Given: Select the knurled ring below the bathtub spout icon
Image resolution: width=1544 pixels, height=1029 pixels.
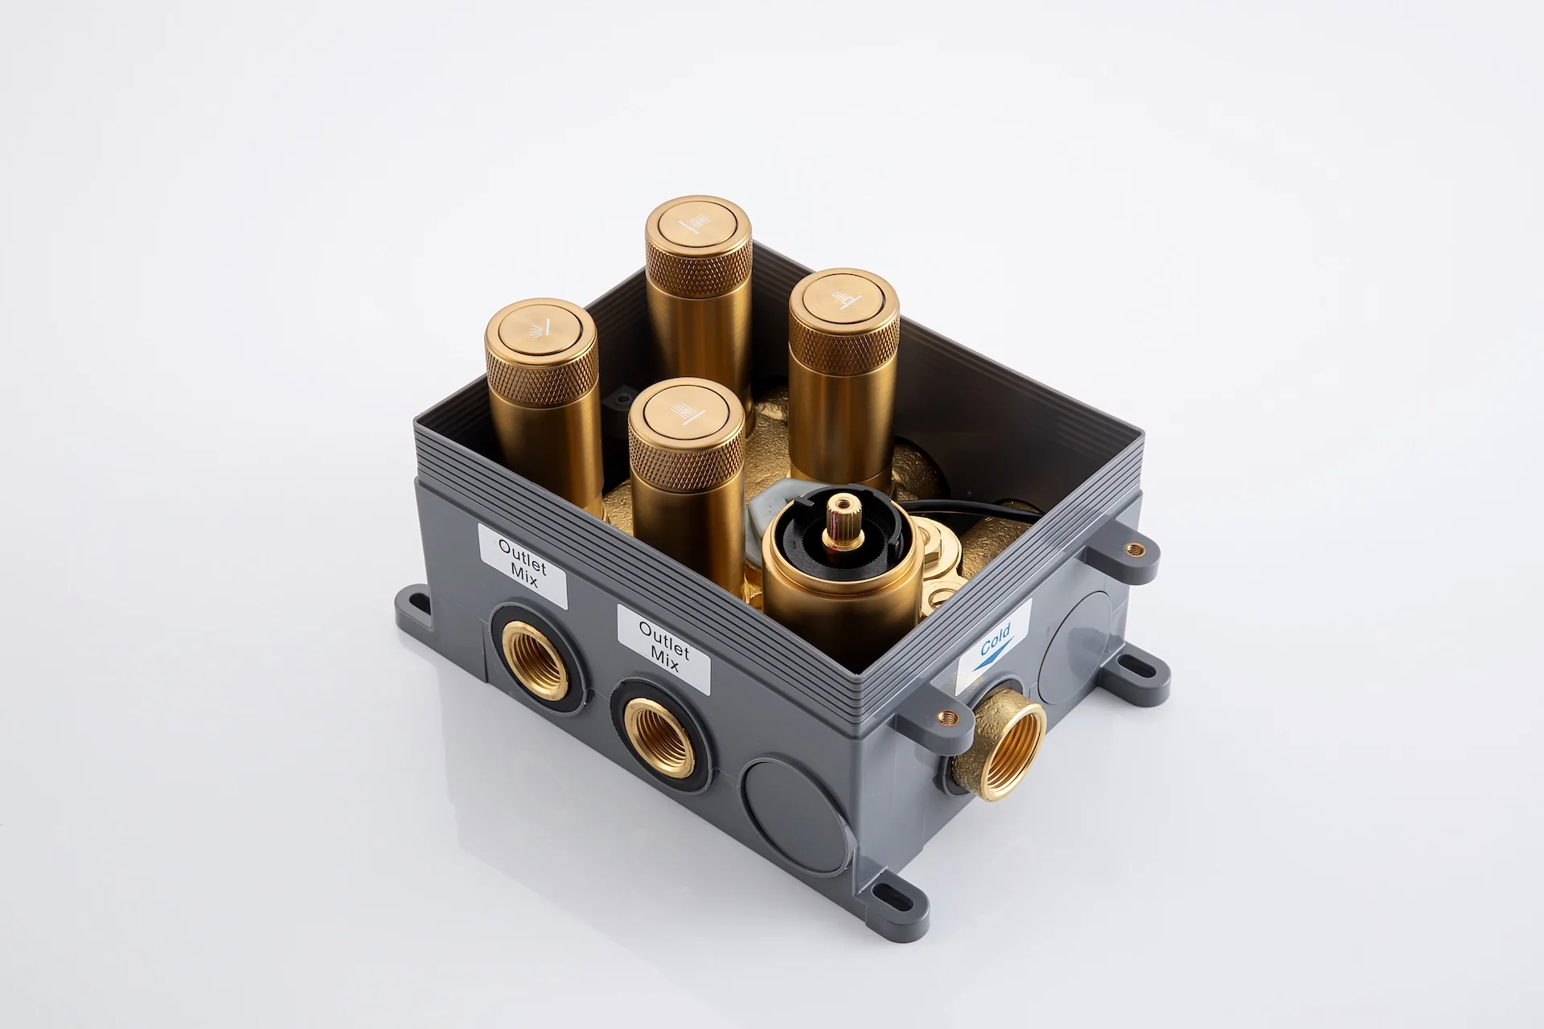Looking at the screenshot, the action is click(844, 348).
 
